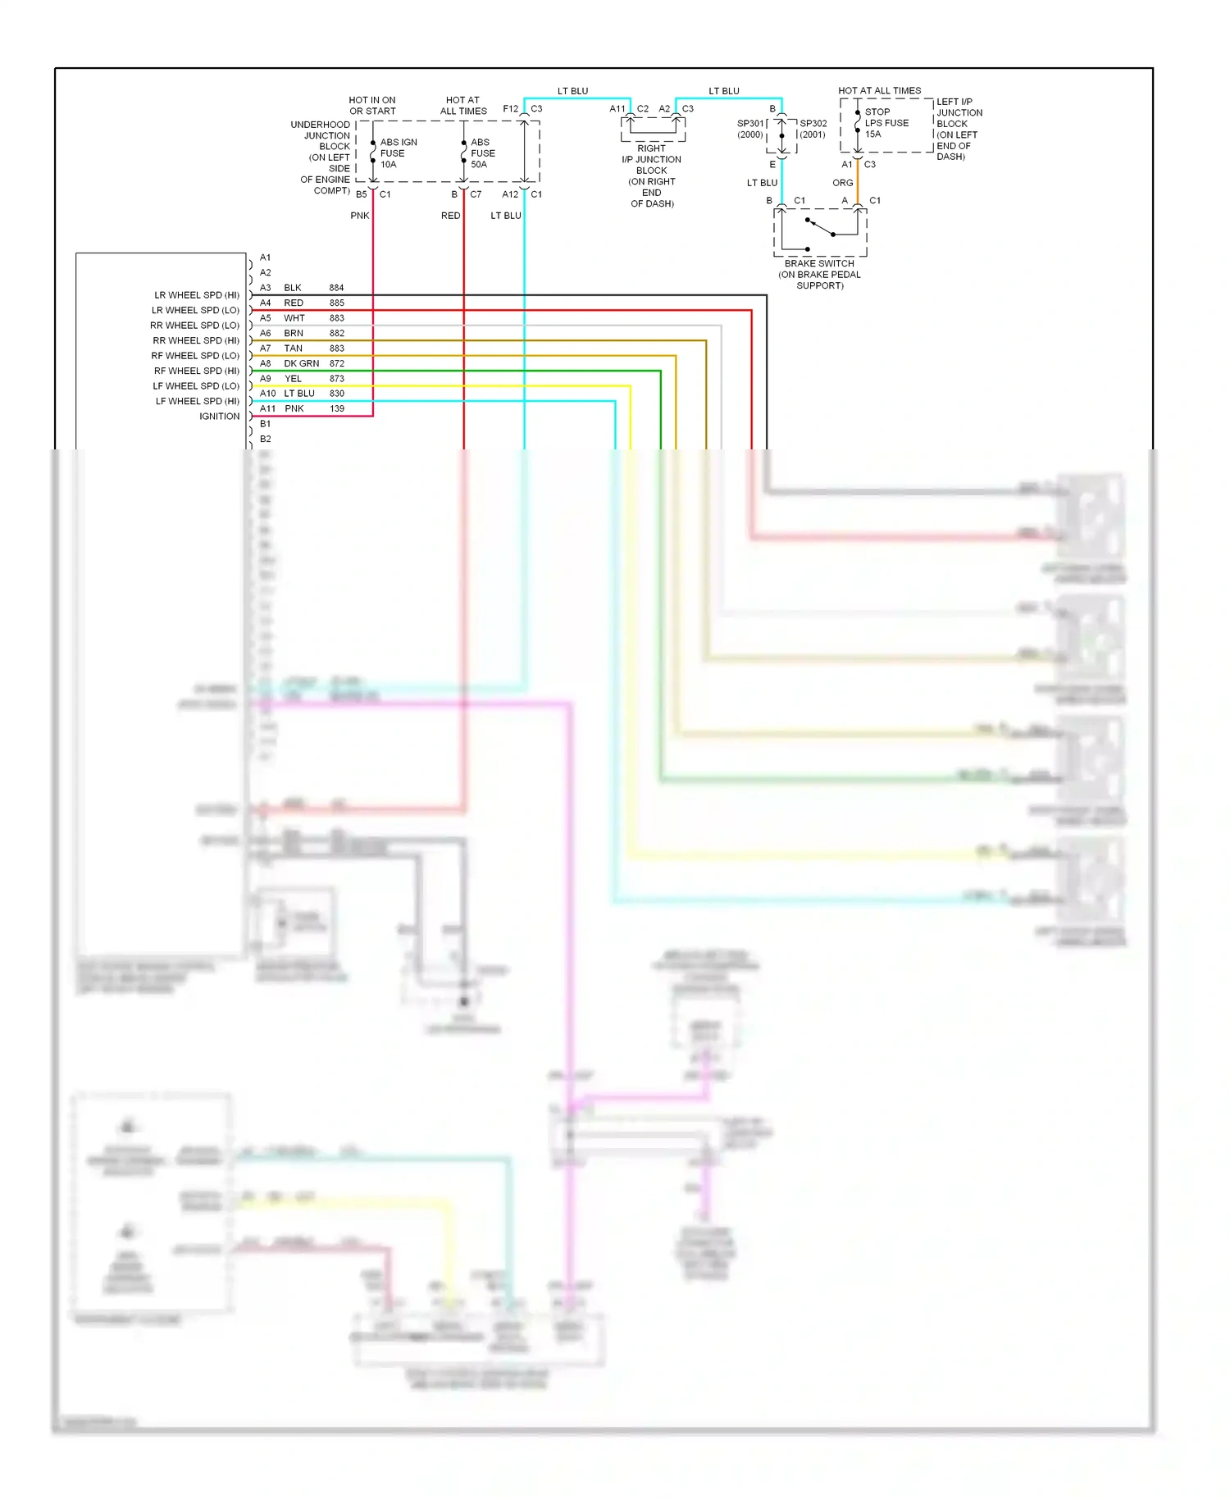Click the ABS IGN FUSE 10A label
click(398, 153)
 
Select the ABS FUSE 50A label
click(482, 153)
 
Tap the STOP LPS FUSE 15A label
click(886, 123)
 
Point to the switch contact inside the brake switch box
click(820, 227)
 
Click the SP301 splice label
click(750, 129)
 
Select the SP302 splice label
click(813, 129)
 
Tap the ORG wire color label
click(842, 183)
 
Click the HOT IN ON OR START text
click(372, 106)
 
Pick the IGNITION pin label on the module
click(219, 417)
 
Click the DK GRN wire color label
click(301, 363)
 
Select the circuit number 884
click(336, 288)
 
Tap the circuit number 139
click(337, 408)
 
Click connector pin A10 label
click(267, 394)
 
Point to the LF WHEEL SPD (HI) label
click(197, 401)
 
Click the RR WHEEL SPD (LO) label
click(194, 326)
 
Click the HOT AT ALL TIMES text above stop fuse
click(879, 91)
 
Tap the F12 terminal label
click(510, 109)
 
